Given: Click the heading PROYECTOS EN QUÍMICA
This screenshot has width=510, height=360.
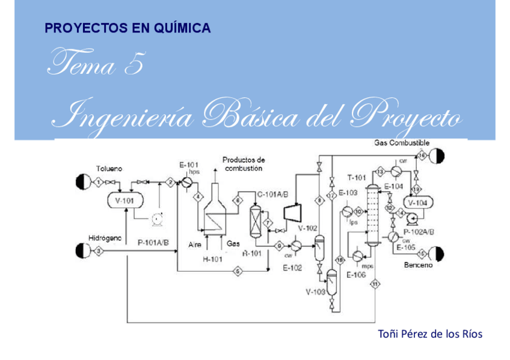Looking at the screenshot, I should point(127,28).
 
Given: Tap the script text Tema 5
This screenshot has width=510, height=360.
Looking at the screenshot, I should point(96,64).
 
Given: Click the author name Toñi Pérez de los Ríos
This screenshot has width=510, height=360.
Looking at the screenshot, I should point(429,334).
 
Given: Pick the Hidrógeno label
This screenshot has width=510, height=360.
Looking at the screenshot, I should point(105,239).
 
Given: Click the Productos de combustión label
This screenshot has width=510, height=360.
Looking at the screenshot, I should point(244,164).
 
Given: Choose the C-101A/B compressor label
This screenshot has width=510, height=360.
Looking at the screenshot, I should point(272,194).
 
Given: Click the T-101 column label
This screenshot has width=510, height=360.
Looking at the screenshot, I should point(357,177).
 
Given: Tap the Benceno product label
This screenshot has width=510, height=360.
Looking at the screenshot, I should point(418,265).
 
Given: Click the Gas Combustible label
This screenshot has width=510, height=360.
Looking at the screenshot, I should point(401,143).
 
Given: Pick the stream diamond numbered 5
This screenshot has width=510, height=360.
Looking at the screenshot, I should point(238,272).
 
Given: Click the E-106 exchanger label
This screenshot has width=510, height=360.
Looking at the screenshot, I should point(357,275).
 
